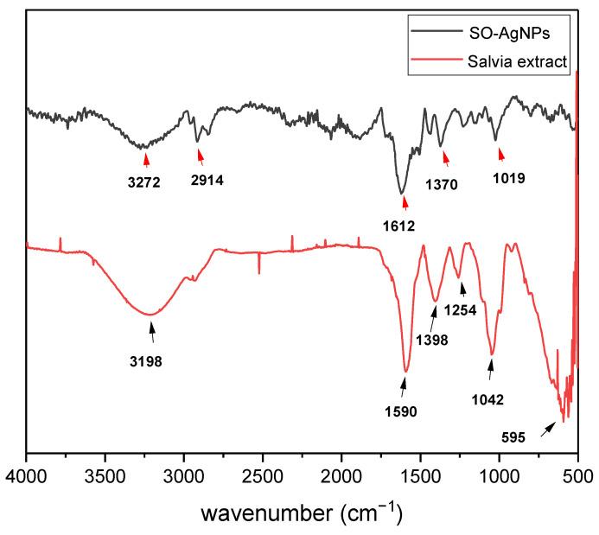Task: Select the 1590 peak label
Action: pyautogui.click(x=401, y=411)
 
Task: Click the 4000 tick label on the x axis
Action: pyautogui.click(x=27, y=473)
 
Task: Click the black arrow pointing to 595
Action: pyautogui.click(x=547, y=429)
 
